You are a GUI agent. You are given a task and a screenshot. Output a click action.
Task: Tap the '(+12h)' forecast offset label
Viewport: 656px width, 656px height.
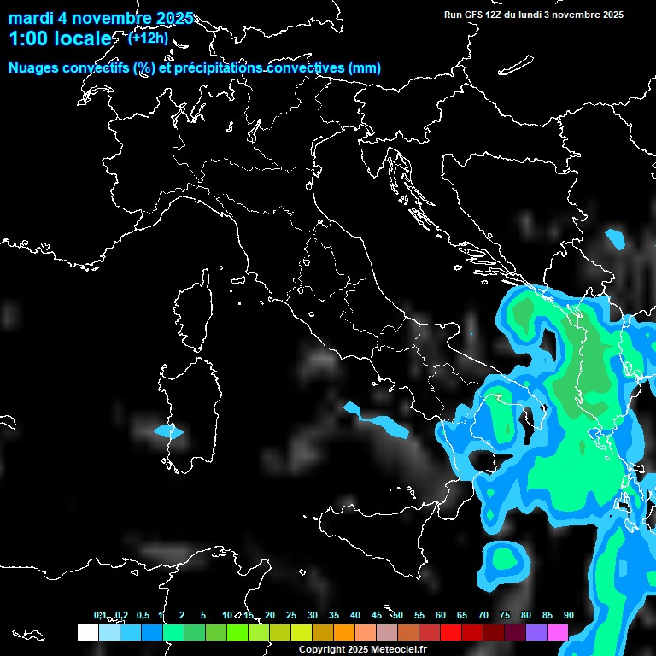tap(148, 38)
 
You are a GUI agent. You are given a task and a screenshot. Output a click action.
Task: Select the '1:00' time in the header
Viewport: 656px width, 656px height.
tap(28, 39)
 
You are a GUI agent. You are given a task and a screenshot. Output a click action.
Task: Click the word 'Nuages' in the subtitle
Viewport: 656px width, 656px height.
tap(34, 68)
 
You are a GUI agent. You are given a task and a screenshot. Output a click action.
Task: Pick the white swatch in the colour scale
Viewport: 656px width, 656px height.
tap(87, 632)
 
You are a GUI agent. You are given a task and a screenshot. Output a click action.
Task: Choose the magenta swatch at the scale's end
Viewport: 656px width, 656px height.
tap(558, 632)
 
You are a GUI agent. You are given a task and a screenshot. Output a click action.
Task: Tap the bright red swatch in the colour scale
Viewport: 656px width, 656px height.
tap(451, 632)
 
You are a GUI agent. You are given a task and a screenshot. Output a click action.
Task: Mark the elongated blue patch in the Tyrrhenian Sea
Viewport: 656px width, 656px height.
tap(377, 419)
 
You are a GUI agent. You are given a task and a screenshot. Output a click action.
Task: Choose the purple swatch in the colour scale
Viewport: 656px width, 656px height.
tap(536, 632)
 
